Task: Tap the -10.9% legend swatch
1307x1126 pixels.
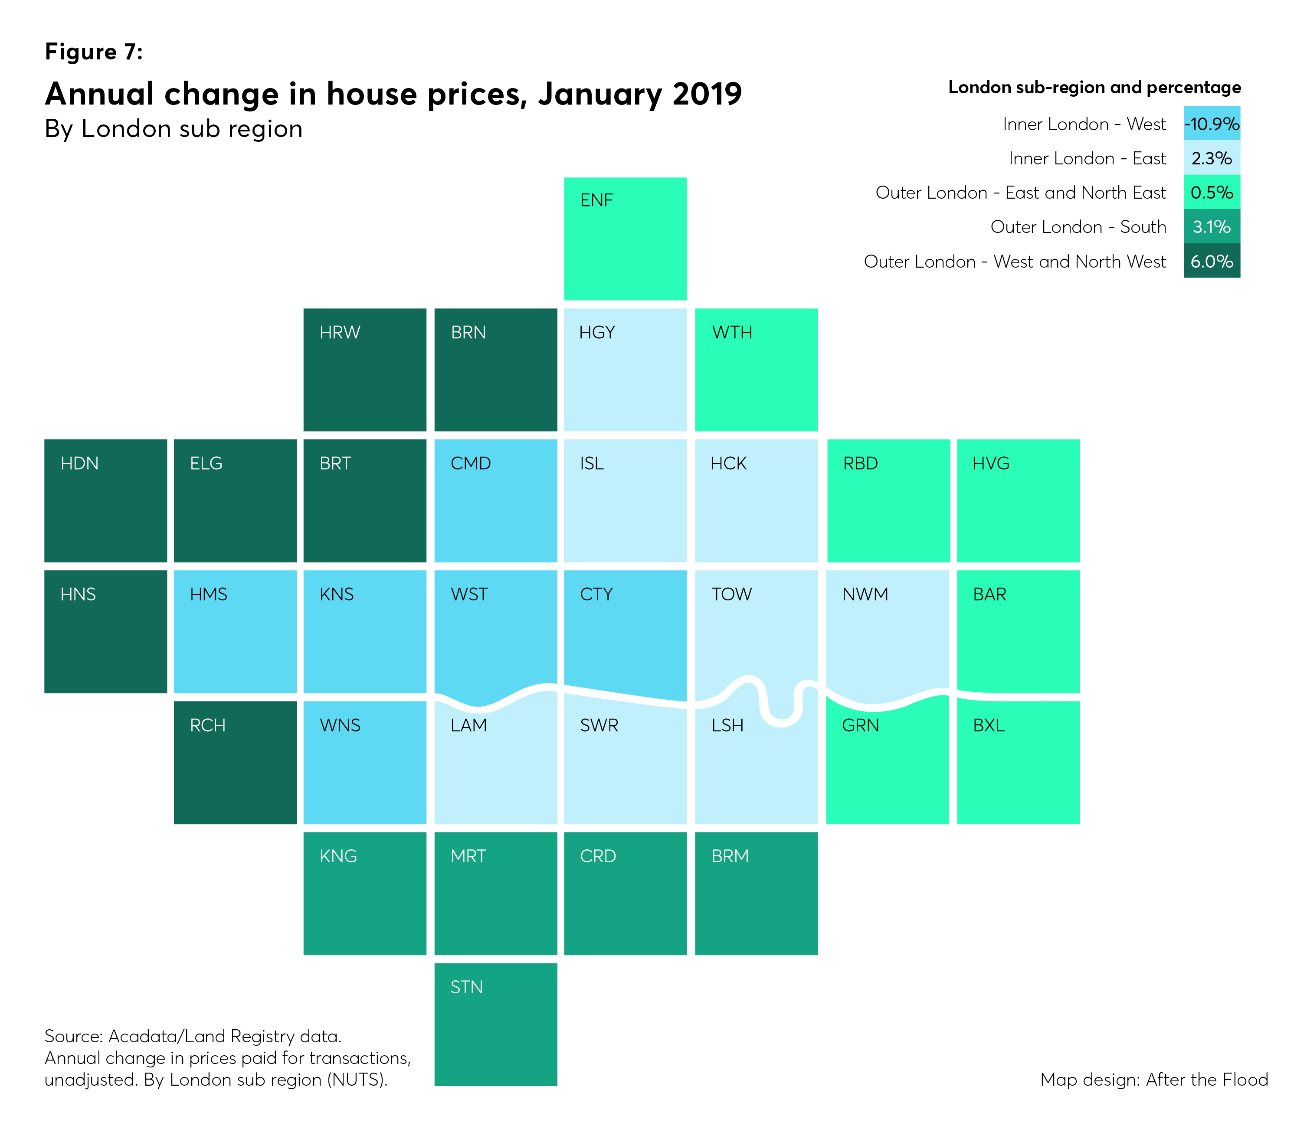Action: (x=1211, y=124)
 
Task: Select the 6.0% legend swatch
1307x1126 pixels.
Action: (x=1211, y=261)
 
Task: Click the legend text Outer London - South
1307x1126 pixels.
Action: (x=1078, y=227)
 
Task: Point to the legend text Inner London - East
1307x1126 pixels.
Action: (x=1087, y=158)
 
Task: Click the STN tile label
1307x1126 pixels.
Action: (x=466, y=987)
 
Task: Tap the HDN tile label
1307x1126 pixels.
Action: (x=79, y=464)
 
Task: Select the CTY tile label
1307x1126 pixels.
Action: (x=596, y=594)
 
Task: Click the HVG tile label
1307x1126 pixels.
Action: (x=990, y=464)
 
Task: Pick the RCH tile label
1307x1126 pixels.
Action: (x=207, y=725)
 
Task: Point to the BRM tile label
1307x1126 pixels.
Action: (x=730, y=856)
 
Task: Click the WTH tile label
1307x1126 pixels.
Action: (x=732, y=332)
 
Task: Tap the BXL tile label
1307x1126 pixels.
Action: (x=989, y=725)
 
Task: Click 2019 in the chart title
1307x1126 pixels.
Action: (x=707, y=94)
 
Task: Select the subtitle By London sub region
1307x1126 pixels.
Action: (x=174, y=129)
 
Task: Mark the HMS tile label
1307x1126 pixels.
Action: (x=208, y=594)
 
